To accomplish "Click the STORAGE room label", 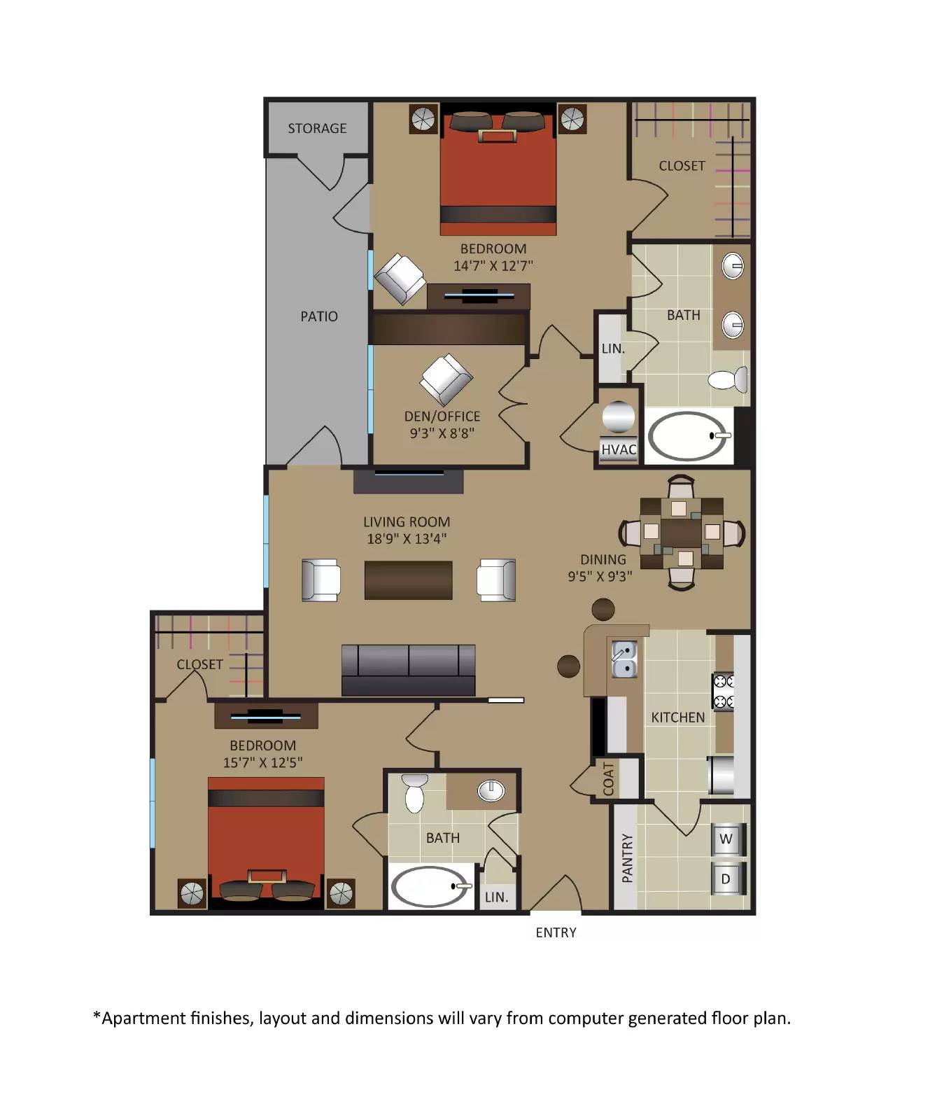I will (317, 129).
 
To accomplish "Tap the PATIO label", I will (319, 316).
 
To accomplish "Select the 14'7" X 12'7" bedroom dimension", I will (493, 266).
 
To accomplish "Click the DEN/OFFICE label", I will (442, 416).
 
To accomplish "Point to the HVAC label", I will (619, 449).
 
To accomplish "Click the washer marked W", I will (726, 839).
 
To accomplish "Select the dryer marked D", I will (726, 879).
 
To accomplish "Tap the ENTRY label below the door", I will (556, 932).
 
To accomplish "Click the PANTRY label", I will (628, 857).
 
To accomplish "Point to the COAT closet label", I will (608, 778).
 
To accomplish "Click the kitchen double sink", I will (624, 659).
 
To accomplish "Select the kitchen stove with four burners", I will (723, 690).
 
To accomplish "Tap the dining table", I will (681, 533).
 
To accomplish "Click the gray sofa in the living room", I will (408, 670).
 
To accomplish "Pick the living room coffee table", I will (408, 580).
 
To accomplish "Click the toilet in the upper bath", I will (728, 380).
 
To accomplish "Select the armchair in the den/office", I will (446, 379).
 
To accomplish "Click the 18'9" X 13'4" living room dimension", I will (407, 539).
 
